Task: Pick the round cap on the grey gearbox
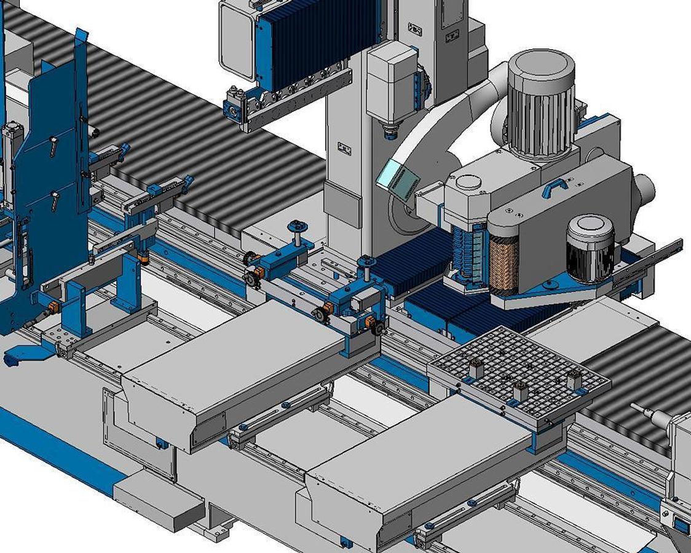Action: pyautogui.click(x=468, y=182)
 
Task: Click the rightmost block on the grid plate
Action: pyautogui.click(x=575, y=380)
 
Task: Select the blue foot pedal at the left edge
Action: pyautogui.click(x=25, y=355)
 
